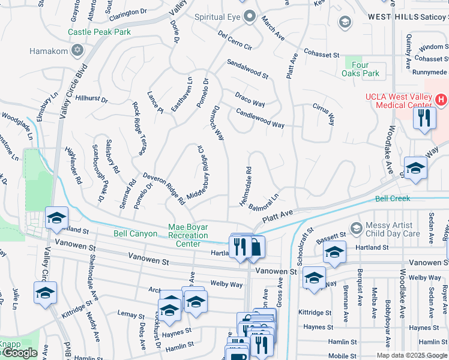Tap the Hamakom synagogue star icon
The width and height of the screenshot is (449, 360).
click(x=77, y=49)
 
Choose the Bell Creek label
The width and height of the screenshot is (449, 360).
click(x=392, y=198)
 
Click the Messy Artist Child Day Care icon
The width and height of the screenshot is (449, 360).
click(x=355, y=228)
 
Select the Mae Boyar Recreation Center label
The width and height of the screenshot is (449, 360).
click(x=193, y=235)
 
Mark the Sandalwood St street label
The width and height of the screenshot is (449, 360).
click(x=247, y=70)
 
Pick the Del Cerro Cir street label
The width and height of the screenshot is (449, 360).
click(x=235, y=40)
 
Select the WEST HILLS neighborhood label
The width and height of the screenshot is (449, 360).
click(x=393, y=16)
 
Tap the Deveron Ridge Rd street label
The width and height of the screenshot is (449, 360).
click(x=163, y=187)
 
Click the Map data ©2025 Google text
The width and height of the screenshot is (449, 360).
click(x=412, y=355)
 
